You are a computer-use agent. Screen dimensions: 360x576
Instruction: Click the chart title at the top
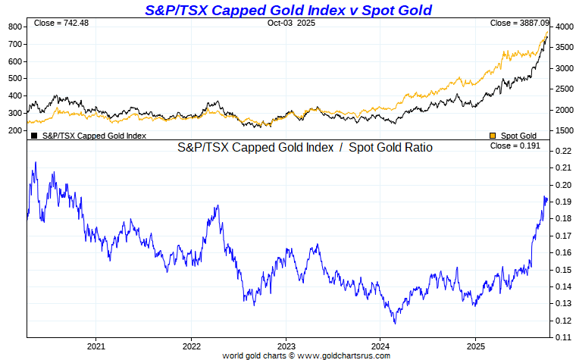click(x=288, y=10)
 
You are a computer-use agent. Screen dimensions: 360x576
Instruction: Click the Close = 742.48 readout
click(x=61, y=23)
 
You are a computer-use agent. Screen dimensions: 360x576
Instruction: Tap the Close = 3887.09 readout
click(x=515, y=23)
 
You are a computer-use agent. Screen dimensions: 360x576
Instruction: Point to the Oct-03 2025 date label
click(x=291, y=23)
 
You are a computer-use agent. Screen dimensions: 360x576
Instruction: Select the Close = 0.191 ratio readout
click(x=515, y=146)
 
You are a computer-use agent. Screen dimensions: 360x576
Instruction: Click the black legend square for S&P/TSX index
click(x=34, y=136)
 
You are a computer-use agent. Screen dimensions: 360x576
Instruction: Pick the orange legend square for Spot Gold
click(x=493, y=136)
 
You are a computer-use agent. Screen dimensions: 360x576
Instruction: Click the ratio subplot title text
click(x=305, y=148)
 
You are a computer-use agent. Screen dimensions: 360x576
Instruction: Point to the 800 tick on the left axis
click(x=14, y=27)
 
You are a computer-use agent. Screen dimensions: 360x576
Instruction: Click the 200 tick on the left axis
click(x=14, y=130)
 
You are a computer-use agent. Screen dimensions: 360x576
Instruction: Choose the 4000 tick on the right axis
click(x=563, y=27)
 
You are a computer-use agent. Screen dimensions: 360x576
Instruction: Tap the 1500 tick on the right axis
click(x=563, y=130)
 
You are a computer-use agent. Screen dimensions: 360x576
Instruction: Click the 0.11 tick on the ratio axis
click(x=562, y=337)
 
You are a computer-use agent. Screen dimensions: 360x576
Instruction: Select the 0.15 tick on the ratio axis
click(x=562, y=270)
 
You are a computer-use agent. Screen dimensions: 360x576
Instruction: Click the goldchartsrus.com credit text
click(x=306, y=355)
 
